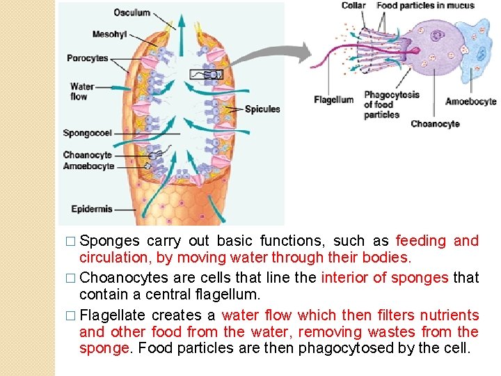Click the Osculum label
click(132, 13)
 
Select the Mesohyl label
click(109, 35)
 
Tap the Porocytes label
click(88, 58)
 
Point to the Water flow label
click(82, 92)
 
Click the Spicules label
click(262, 109)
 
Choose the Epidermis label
click(92, 209)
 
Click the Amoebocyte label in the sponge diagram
click(88, 166)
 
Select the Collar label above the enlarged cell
click(353, 6)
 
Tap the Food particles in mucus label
click(425, 6)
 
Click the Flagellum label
click(333, 100)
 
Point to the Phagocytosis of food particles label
click(391, 105)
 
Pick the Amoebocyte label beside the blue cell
click(470, 102)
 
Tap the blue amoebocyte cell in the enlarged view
click(477, 56)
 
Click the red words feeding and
click(437, 241)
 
